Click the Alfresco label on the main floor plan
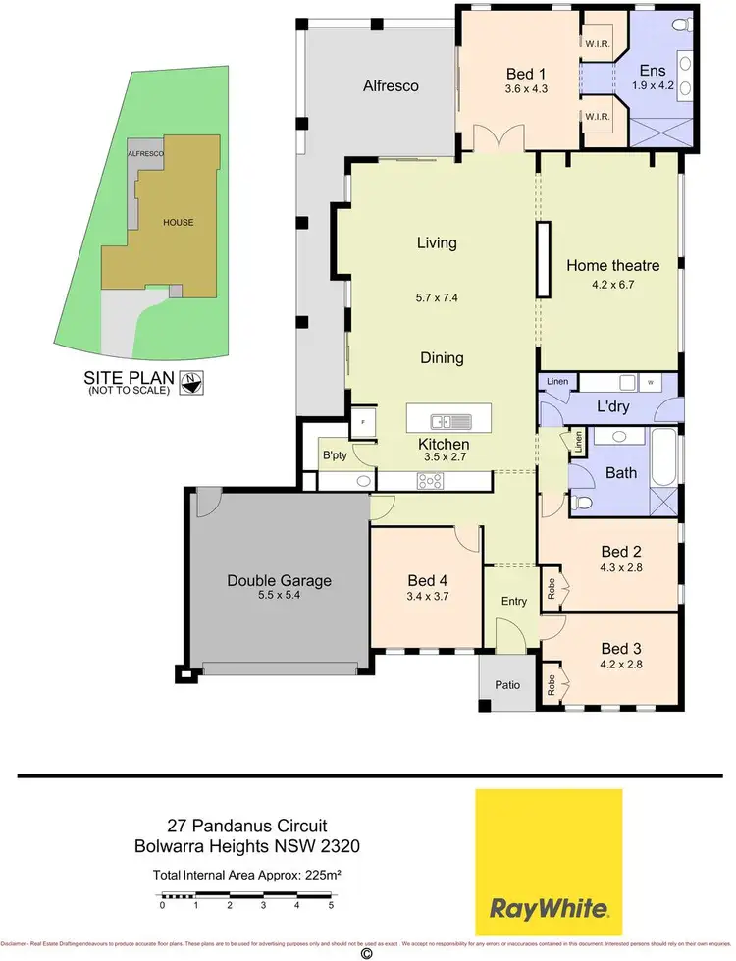[x=392, y=86]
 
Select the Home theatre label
[x=612, y=265]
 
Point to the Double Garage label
[x=280, y=580]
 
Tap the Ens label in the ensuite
[x=652, y=71]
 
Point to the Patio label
[x=507, y=685]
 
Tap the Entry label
[x=512, y=600]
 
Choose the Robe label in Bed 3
[x=552, y=683]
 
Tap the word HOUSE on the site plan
[x=179, y=222]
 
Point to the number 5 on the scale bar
[x=332, y=905]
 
